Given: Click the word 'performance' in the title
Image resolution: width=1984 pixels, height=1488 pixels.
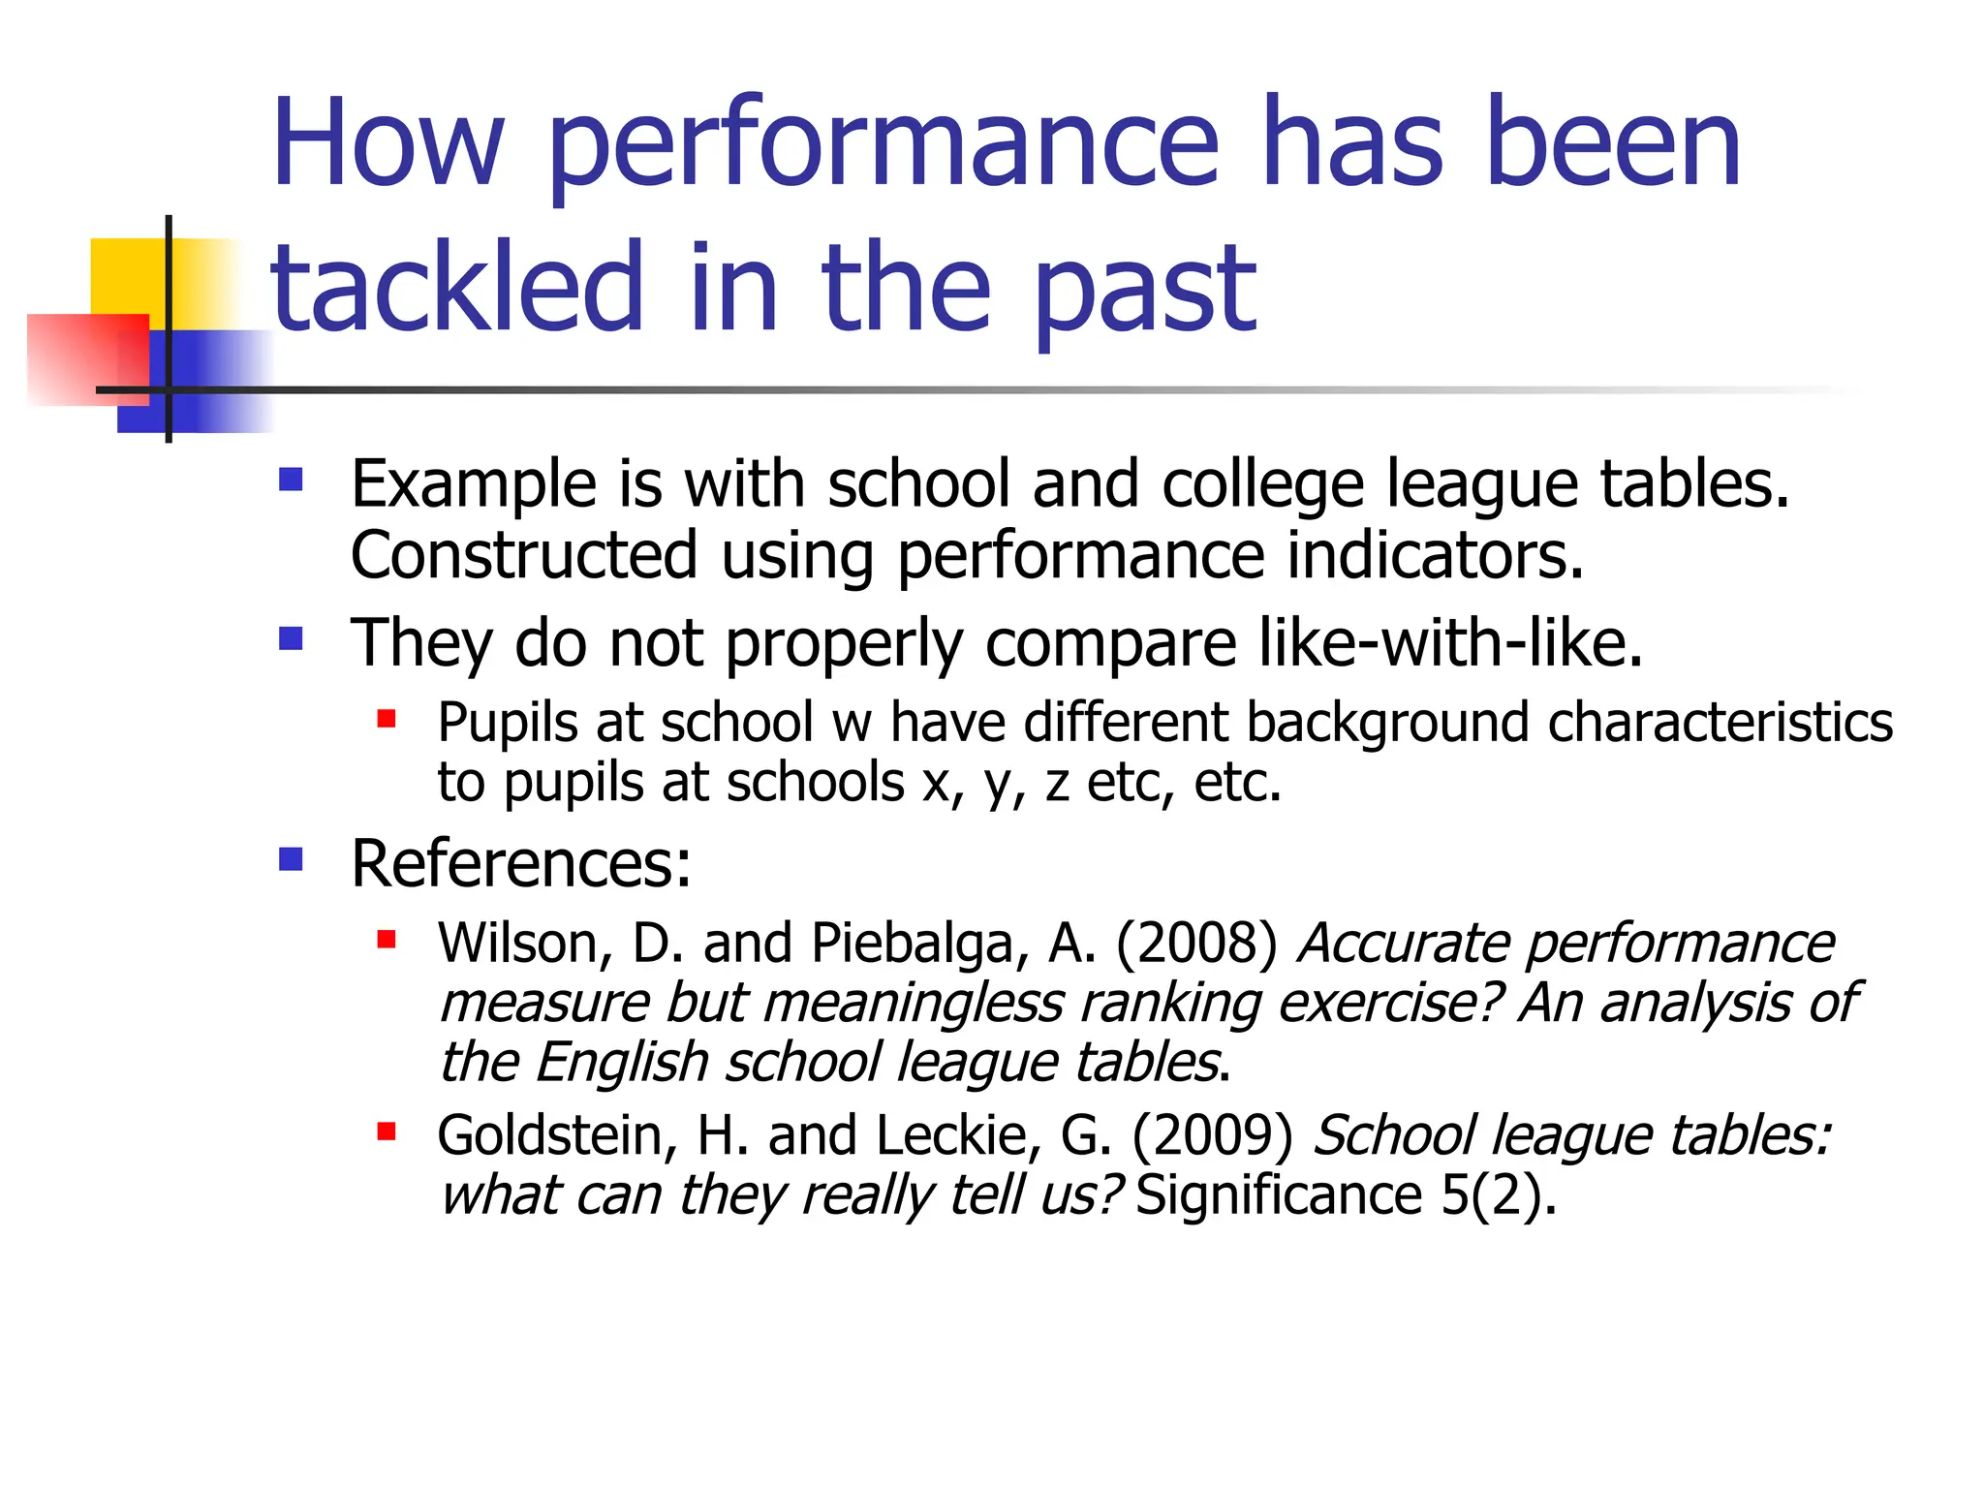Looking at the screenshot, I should pyautogui.click(x=882, y=145).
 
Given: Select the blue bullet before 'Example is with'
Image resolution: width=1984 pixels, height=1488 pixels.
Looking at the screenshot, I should pyautogui.click(x=291, y=480).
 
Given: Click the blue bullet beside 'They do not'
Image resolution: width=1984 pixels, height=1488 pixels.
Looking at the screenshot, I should pyautogui.click(x=291, y=639).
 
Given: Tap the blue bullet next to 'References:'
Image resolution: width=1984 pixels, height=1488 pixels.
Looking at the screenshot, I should pyautogui.click(x=291, y=859).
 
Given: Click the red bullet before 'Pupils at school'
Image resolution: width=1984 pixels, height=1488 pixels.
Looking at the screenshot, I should pyautogui.click(x=387, y=719).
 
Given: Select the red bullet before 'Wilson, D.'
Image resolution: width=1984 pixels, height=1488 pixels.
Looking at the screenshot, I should pyautogui.click(x=387, y=939).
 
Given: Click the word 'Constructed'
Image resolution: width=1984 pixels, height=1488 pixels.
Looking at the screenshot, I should pyautogui.click(x=523, y=555).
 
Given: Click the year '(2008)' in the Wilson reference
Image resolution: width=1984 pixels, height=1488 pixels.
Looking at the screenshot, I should pyautogui.click(x=1196, y=943).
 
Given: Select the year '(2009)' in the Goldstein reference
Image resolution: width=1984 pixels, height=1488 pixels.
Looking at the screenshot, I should pyautogui.click(x=1212, y=1135).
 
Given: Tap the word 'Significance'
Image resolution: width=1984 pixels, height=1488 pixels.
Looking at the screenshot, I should pyautogui.click(x=1278, y=1194).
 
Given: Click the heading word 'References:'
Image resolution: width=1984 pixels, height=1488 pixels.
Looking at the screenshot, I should pyautogui.click(x=521, y=863).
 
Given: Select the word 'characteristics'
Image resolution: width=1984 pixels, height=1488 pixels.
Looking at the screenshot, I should pyautogui.click(x=1720, y=723).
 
